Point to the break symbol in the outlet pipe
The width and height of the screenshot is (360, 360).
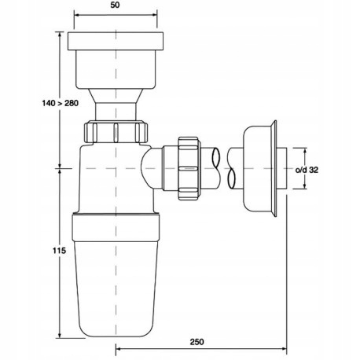pyautogui.click(x=233, y=167)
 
